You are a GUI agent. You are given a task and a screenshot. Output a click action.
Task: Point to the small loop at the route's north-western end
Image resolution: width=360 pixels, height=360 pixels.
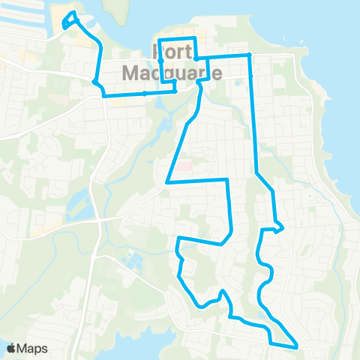[x=70, y=19]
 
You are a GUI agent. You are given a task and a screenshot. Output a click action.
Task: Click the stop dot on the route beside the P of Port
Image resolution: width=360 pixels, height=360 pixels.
[x=160, y=60]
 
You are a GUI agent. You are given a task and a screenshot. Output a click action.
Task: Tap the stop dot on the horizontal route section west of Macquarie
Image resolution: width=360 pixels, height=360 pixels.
[x=144, y=94]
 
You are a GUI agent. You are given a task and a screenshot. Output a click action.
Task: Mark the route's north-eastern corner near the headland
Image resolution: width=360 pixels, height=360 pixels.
[x=250, y=55]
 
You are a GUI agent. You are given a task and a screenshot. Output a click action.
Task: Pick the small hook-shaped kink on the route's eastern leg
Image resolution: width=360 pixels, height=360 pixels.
[x=279, y=227]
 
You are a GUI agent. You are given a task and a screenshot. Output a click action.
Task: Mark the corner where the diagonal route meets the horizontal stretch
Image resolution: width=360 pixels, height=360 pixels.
[x=168, y=181]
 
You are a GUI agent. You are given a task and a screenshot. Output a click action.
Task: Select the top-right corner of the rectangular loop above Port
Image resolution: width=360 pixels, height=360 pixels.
[x=195, y=37]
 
